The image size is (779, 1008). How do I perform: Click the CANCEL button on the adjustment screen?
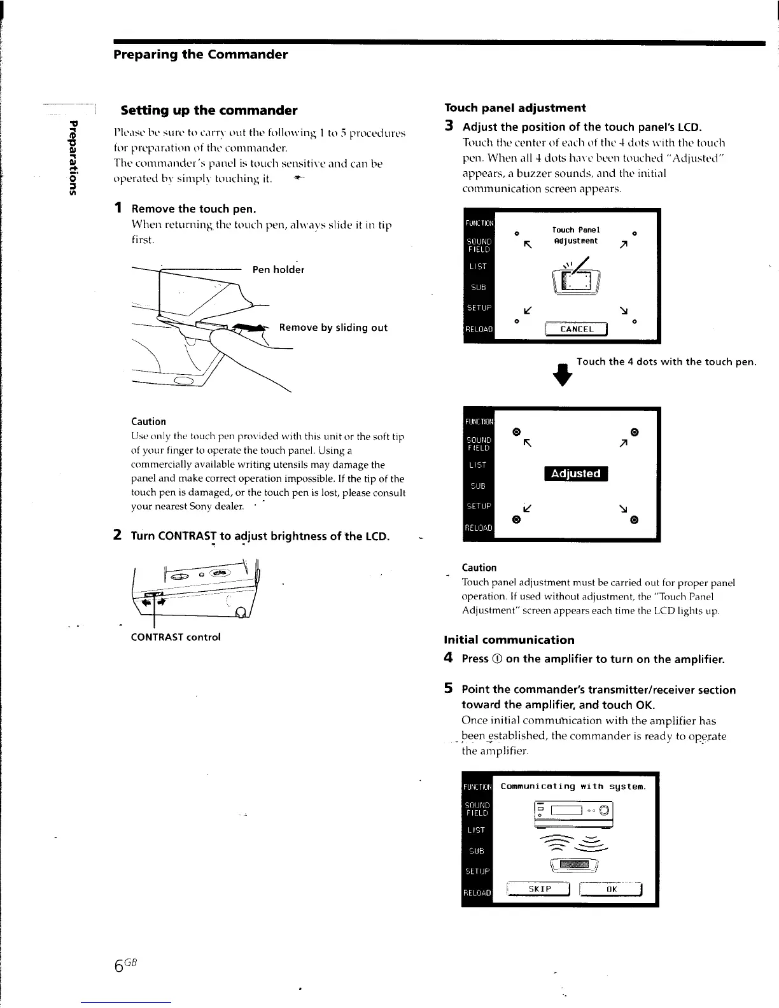point(577,329)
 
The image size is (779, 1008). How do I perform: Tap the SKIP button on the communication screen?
point(540,889)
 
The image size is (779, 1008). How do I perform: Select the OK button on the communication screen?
point(612,889)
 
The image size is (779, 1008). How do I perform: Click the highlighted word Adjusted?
point(575,473)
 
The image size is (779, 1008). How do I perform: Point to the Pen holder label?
point(278,270)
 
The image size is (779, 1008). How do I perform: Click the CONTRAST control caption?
point(176,637)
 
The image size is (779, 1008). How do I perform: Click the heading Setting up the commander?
point(209,111)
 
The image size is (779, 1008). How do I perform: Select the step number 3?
point(449,126)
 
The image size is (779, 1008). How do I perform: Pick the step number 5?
point(449,689)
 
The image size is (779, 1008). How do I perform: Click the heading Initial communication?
point(509,640)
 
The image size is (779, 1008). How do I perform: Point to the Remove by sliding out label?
point(333,328)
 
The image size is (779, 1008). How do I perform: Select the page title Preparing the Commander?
point(200,55)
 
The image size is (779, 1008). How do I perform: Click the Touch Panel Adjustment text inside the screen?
point(575,235)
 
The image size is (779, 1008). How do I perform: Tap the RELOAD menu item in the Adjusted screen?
point(478,528)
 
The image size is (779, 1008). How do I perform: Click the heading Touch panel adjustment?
point(514,108)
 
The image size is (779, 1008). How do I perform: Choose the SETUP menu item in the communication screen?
point(477,871)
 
